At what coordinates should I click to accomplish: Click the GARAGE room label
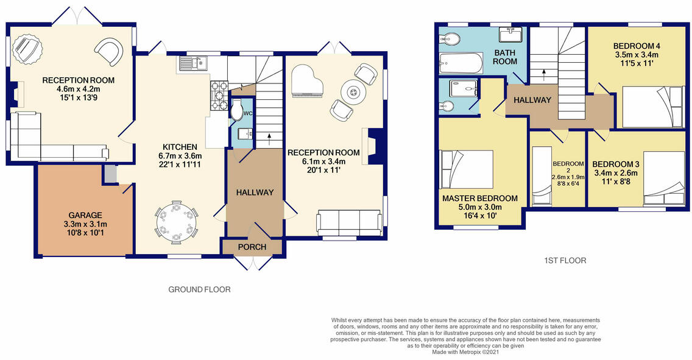coord(82,215)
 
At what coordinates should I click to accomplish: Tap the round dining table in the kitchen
coord(177,222)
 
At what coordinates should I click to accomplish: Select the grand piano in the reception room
coord(307,82)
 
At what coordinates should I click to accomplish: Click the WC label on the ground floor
coord(247,113)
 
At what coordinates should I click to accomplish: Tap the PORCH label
coord(252,247)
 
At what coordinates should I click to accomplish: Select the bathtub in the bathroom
coord(461,63)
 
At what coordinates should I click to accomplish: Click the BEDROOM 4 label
coord(637,46)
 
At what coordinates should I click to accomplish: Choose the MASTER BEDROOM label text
coord(480,199)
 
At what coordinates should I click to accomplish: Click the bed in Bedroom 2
coord(542,176)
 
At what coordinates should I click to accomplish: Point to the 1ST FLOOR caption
coord(565,261)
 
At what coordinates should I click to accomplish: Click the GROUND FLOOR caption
coord(199,290)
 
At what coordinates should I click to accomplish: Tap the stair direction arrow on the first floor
coord(543,74)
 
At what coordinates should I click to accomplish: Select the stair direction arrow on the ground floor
coord(269,139)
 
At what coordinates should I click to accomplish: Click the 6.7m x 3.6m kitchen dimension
coord(180,156)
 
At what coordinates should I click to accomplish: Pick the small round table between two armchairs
coord(353,92)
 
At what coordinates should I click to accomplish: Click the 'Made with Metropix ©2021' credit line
coord(465,352)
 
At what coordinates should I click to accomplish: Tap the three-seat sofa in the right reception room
coord(350,223)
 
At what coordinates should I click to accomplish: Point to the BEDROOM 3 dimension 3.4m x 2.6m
coord(616,173)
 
